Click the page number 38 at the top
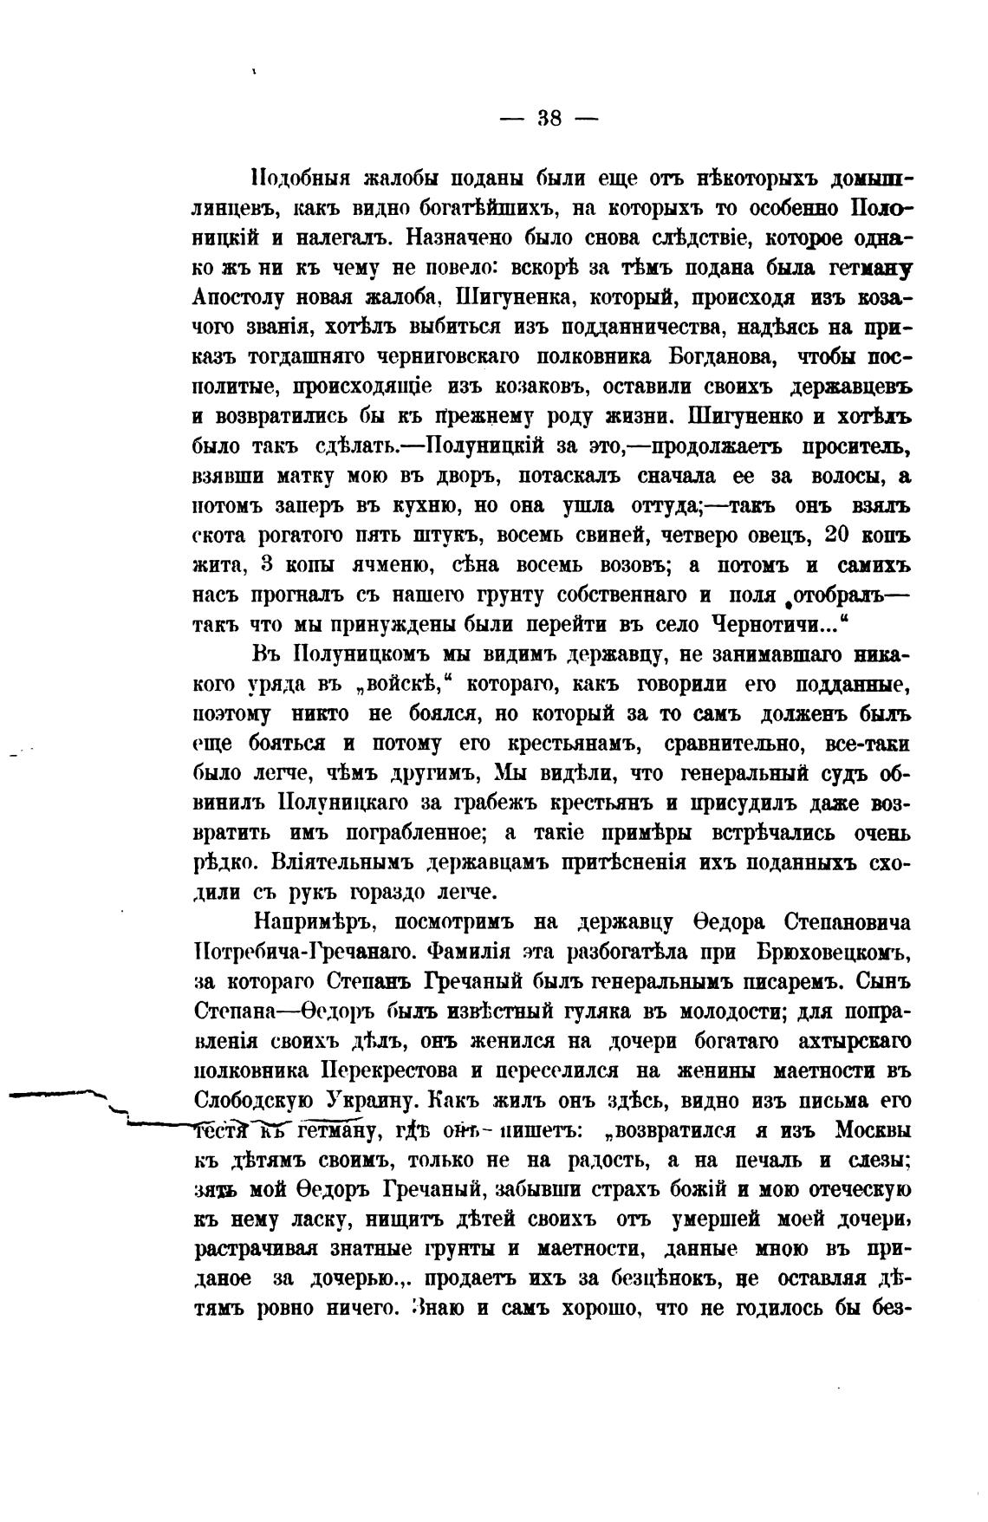(550, 119)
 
